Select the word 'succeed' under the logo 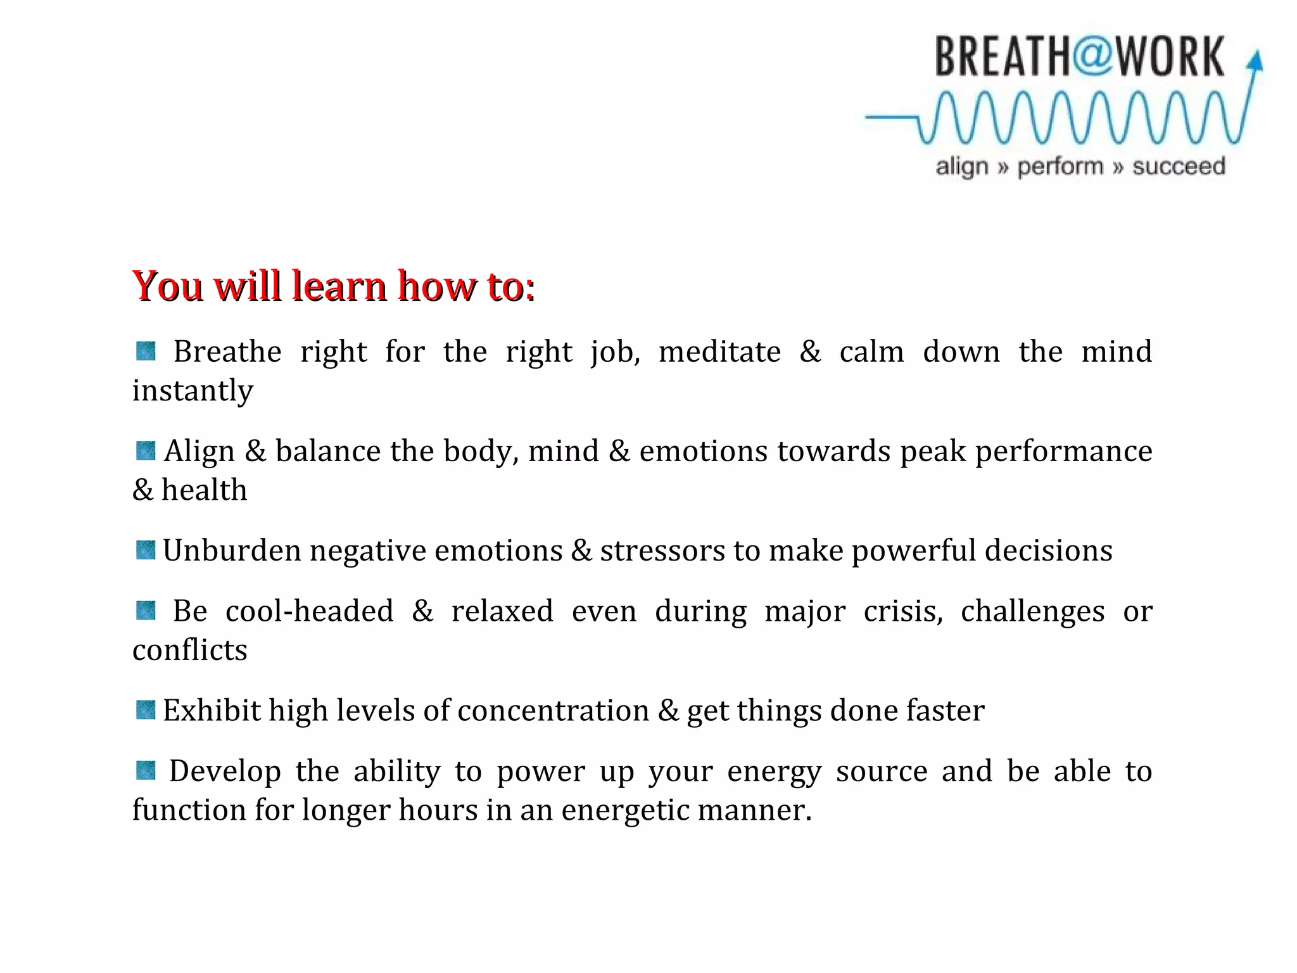click(x=1179, y=167)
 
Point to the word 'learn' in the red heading click(x=339, y=286)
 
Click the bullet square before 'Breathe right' click(x=146, y=351)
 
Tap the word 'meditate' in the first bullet click(x=719, y=352)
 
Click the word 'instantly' click(x=193, y=390)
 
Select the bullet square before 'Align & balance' click(x=146, y=451)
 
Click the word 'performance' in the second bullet click(x=1063, y=452)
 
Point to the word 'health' click(x=204, y=490)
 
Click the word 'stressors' click(x=662, y=550)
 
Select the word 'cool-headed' click(x=309, y=611)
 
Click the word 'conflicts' click(x=189, y=650)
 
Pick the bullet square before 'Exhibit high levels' click(x=146, y=710)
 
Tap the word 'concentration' click(x=553, y=710)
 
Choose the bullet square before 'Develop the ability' click(x=146, y=771)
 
